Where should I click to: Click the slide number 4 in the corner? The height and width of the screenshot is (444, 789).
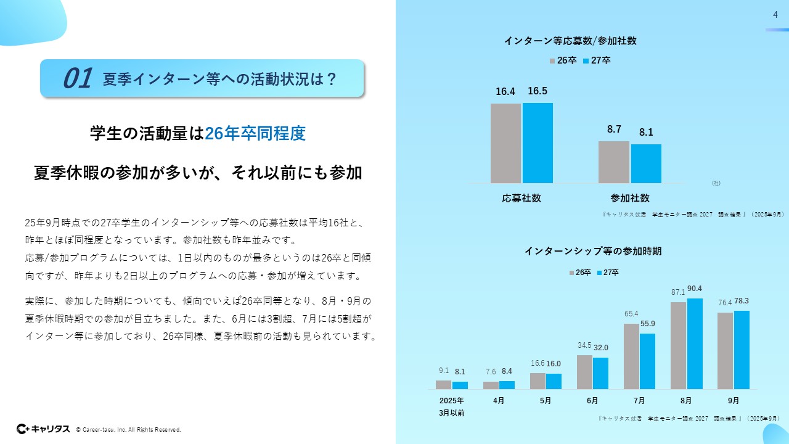[x=775, y=15]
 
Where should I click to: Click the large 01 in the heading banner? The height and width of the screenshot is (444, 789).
[x=78, y=79]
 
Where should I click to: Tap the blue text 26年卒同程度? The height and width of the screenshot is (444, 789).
[x=255, y=133]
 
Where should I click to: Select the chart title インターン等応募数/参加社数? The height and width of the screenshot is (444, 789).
[x=570, y=41]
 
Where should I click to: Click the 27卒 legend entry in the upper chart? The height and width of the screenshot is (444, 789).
[x=596, y=60]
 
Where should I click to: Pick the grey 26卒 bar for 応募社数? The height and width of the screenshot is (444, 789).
[x=505, y=143]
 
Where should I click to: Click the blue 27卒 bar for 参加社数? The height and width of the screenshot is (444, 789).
[x=646, y=163]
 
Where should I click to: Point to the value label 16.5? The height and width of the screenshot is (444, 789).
[x=538, y=91]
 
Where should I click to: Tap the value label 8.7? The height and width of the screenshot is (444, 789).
[x=614, y=129]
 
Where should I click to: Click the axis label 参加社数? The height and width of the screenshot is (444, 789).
[x=630, y=198]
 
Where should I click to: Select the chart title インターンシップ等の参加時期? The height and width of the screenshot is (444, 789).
[x=593, y=251]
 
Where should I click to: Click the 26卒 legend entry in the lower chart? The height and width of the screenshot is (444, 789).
[x=579, y=272]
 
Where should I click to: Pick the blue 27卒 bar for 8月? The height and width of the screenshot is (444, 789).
[x=695, y=343]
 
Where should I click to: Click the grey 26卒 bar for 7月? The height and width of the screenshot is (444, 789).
[x=631, y=356]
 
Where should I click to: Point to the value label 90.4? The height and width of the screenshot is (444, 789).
[x=695, y=289]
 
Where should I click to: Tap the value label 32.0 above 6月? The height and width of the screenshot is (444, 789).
[x=601, y=348]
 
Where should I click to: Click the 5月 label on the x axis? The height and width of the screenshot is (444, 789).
[x=546, y=400]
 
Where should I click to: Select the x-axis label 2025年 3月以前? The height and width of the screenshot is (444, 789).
[x=452, y=406]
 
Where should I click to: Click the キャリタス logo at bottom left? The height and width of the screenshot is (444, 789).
[x=43, y=429]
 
